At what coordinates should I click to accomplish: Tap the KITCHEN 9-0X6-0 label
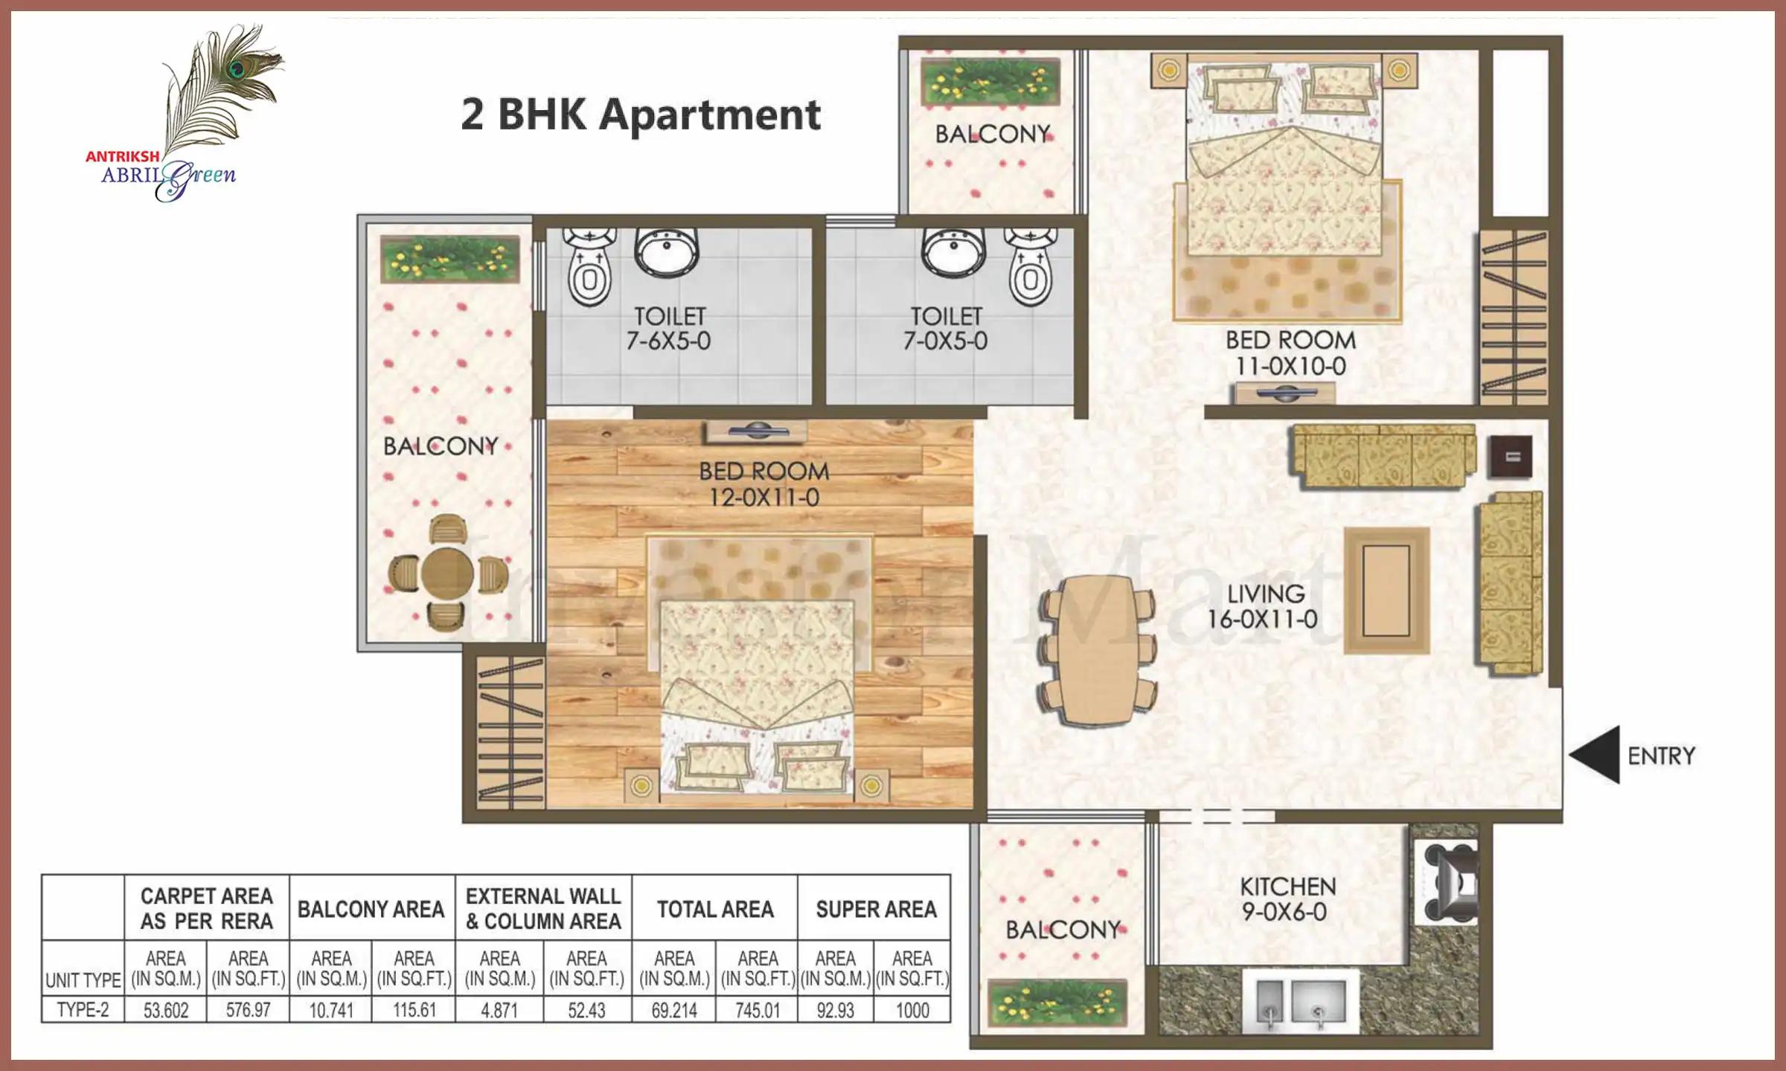tap(1287, 899)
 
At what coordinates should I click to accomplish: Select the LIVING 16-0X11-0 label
tap(1264, 606)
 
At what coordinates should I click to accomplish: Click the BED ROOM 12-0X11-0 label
tap(764, 484)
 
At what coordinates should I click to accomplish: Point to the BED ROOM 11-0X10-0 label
tap(1290, 353)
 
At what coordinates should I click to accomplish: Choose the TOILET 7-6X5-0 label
tap(668, 328)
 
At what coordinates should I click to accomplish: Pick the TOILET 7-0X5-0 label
tap(945, 328)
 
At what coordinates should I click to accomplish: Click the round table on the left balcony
tap(447, 573)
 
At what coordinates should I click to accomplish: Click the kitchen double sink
tap(1301, 1001)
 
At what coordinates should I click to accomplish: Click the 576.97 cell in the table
tap(248, 1010)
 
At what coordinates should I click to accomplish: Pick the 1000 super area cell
tap(912, 1010)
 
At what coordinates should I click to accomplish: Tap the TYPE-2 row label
tap(83, 1010)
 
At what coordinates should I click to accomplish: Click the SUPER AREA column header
tap(875, 909)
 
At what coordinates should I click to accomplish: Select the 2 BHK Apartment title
tap(641, 115)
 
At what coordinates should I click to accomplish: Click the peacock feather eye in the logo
tap(238, 70)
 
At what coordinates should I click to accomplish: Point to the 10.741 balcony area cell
tap(330, 1010)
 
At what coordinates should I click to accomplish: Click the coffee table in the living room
tap(1386, 591)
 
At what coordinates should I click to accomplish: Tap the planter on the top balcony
tap(990, 82)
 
